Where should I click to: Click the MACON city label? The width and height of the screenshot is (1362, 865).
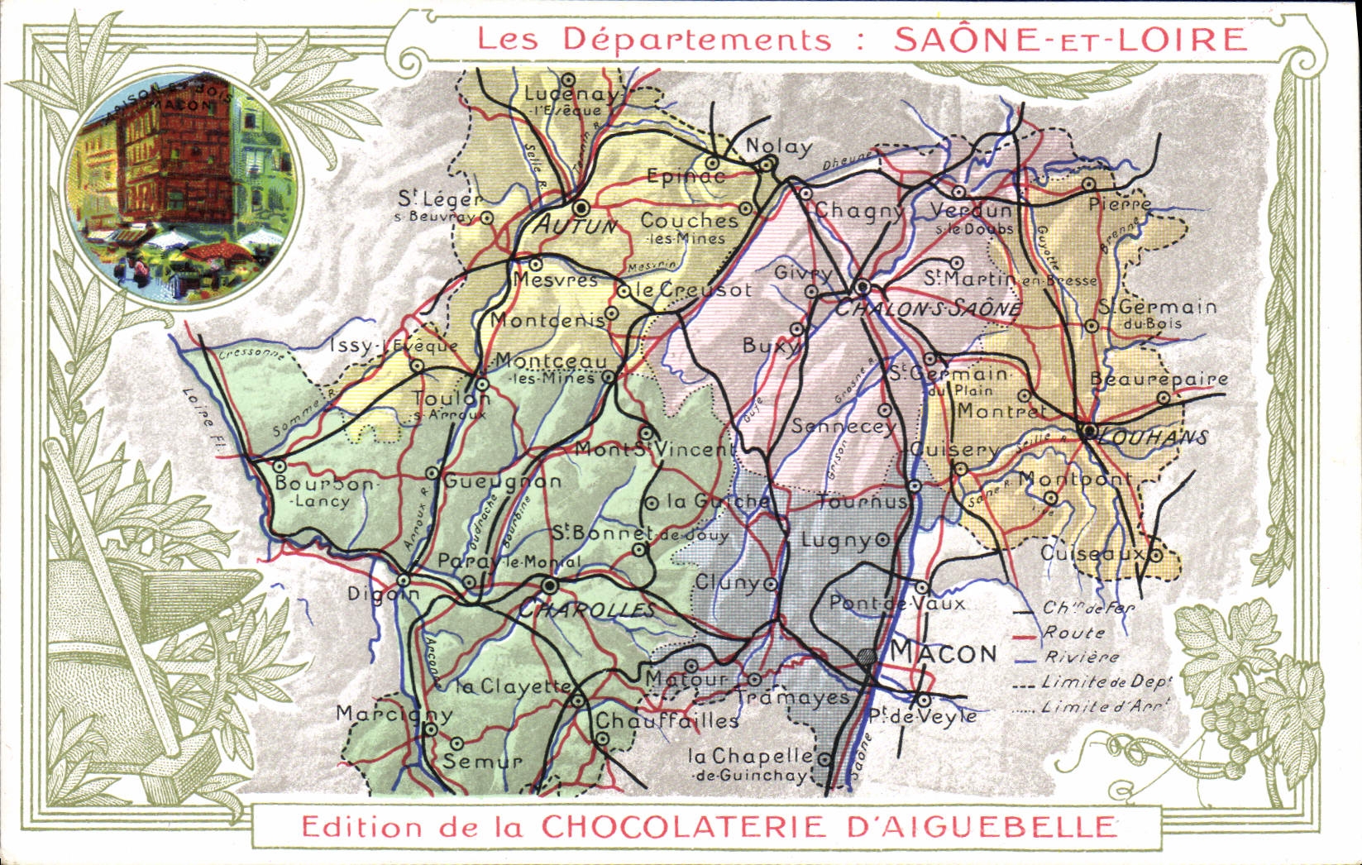tap(944, 653)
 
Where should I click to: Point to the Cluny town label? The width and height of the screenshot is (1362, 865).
tap(727, 582)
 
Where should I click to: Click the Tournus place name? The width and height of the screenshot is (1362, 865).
tap(862, 502)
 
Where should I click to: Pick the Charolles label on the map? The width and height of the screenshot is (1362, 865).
tap(586, 610)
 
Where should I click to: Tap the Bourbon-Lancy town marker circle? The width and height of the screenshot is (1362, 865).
tap(280, 466)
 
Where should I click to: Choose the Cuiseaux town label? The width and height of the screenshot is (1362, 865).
tap(1092, 553)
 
